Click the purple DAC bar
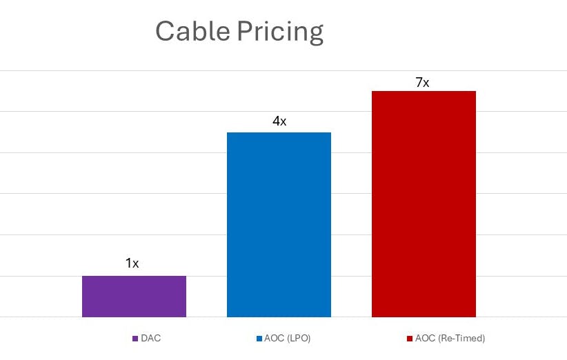point(134,297)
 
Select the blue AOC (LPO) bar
point(279,225)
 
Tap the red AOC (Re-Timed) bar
point(424,204)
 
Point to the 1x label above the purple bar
point(132,263)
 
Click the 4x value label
point(279,121)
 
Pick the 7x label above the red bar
point(422,82)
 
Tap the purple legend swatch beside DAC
point(135,339)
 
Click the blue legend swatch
point(259,339)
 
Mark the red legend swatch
point(410,339)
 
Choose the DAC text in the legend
point(150,339)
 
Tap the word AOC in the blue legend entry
point(274,339)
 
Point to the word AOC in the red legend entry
point(425,339)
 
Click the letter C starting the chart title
point(166,32)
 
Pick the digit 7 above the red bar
point(419,82)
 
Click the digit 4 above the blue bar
point(276,121)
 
